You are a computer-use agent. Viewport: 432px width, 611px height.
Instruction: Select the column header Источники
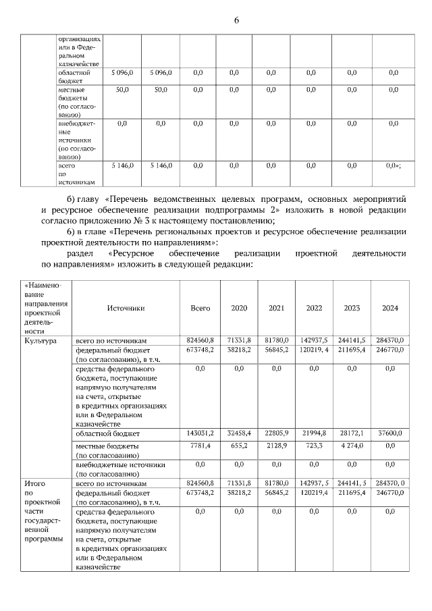coord(126,308)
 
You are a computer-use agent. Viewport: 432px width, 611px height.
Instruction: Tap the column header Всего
coord(200,308)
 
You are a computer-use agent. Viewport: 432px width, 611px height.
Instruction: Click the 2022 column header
coord(314,308)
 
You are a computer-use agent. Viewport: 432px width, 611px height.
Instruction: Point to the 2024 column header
coord(390,308)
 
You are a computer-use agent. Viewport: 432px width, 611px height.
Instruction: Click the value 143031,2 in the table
coord(200,433)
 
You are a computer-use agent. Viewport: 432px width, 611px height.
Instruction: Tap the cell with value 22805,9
coord(276,433)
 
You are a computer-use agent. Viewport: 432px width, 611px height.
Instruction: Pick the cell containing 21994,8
coord(314,433)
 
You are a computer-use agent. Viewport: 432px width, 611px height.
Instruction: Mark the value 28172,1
coord(352,433)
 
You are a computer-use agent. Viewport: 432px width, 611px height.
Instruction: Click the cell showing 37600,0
coord(390,433)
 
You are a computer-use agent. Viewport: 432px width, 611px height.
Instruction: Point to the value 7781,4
coord(202,446)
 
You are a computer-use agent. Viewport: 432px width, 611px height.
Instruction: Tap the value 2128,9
coord(277,446)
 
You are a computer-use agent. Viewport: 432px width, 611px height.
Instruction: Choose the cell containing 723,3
coord(314,446)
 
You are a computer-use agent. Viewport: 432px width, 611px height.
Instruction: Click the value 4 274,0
coord(352,446)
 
